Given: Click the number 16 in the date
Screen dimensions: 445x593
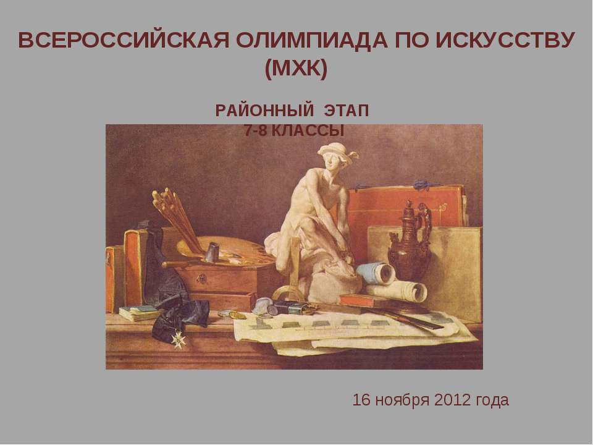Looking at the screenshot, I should pos(362,400).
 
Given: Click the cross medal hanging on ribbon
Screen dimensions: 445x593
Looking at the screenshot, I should pos(180,338).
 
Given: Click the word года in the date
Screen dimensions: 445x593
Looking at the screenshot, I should pos(494,400).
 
